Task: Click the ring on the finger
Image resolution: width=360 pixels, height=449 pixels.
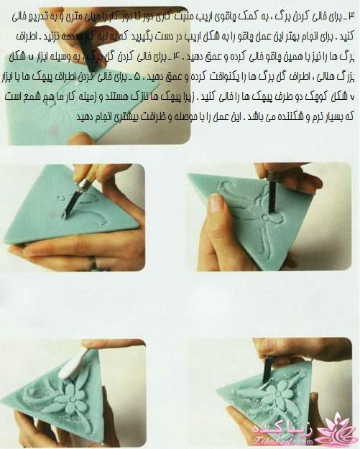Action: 94,263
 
